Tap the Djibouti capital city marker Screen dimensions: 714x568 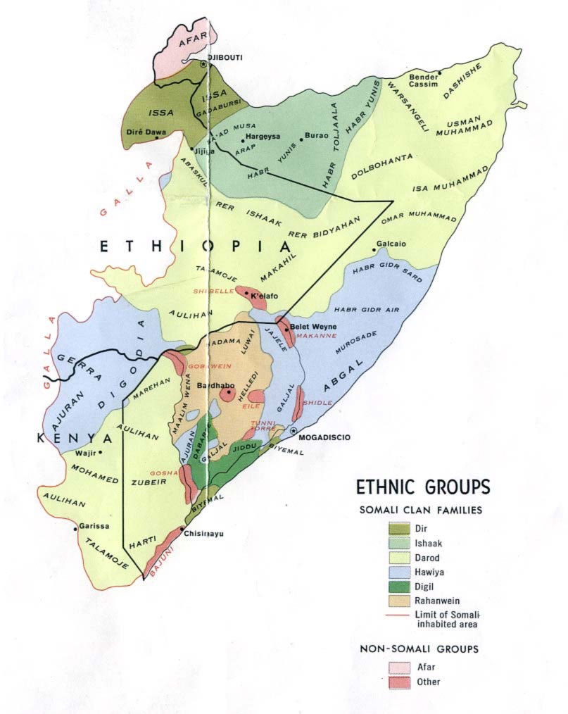(203, 64)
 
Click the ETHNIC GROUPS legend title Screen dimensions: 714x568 (423, 487)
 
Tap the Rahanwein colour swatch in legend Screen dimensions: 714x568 (399, 601)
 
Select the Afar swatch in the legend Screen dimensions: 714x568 (399, 666)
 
